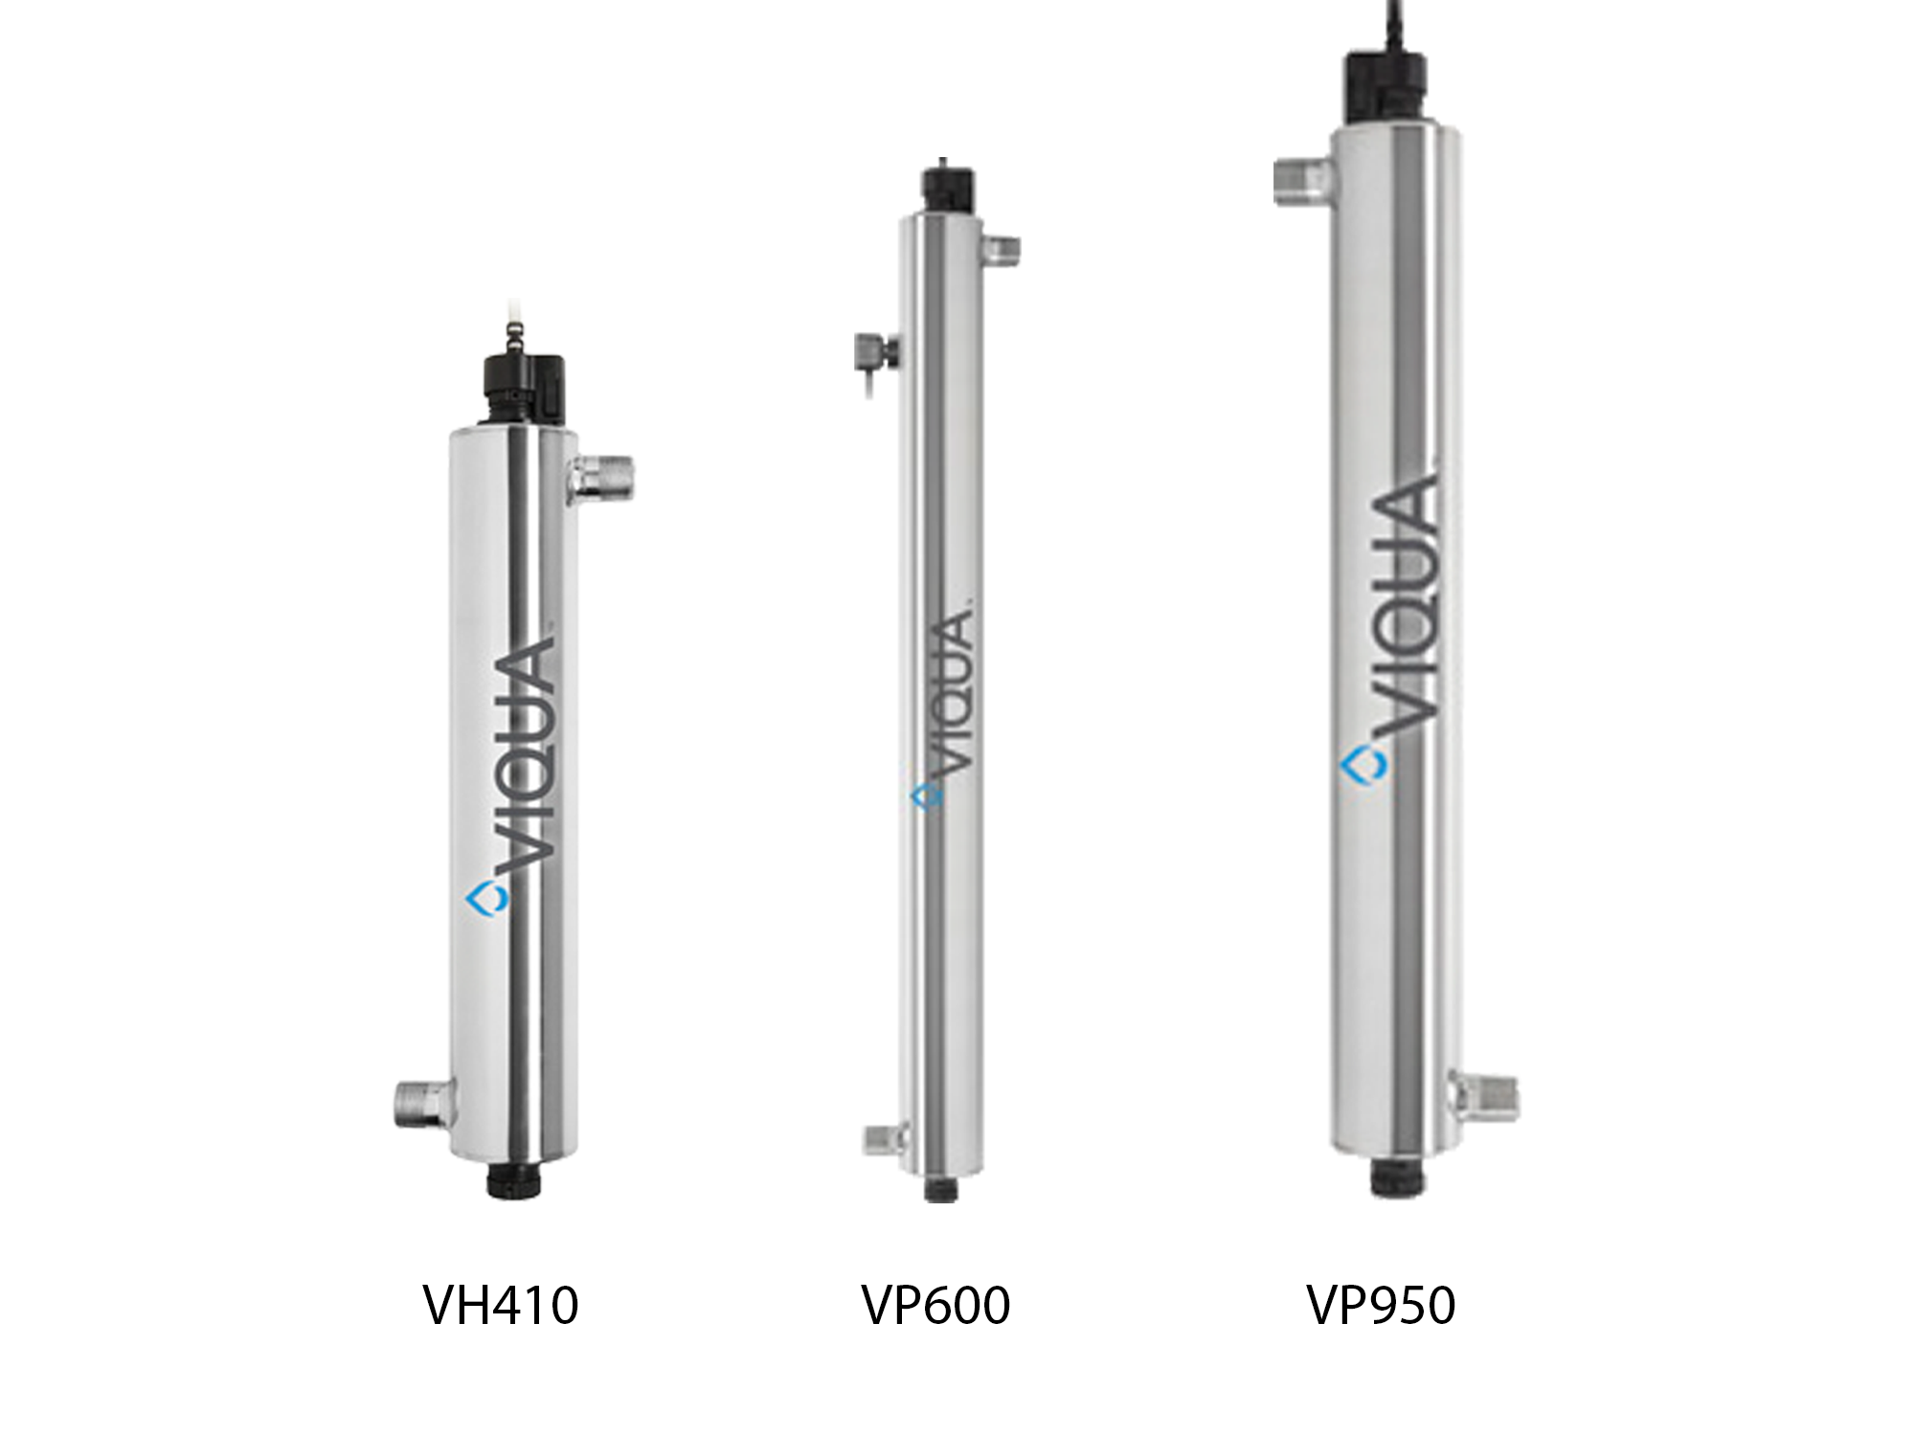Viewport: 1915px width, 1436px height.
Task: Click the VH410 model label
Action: pyautogui.click(x=501, y=1305)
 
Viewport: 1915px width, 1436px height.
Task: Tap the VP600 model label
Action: pyautogui.click(x=935, y=1305)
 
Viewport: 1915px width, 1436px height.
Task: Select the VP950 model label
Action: pyautogui.click(x=1381, y=1305)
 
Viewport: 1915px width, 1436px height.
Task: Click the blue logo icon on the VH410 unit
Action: pyautogui.click(x=486, y=900)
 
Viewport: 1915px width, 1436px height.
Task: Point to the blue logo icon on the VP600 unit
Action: pyautogui.click(x=926, y=796)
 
